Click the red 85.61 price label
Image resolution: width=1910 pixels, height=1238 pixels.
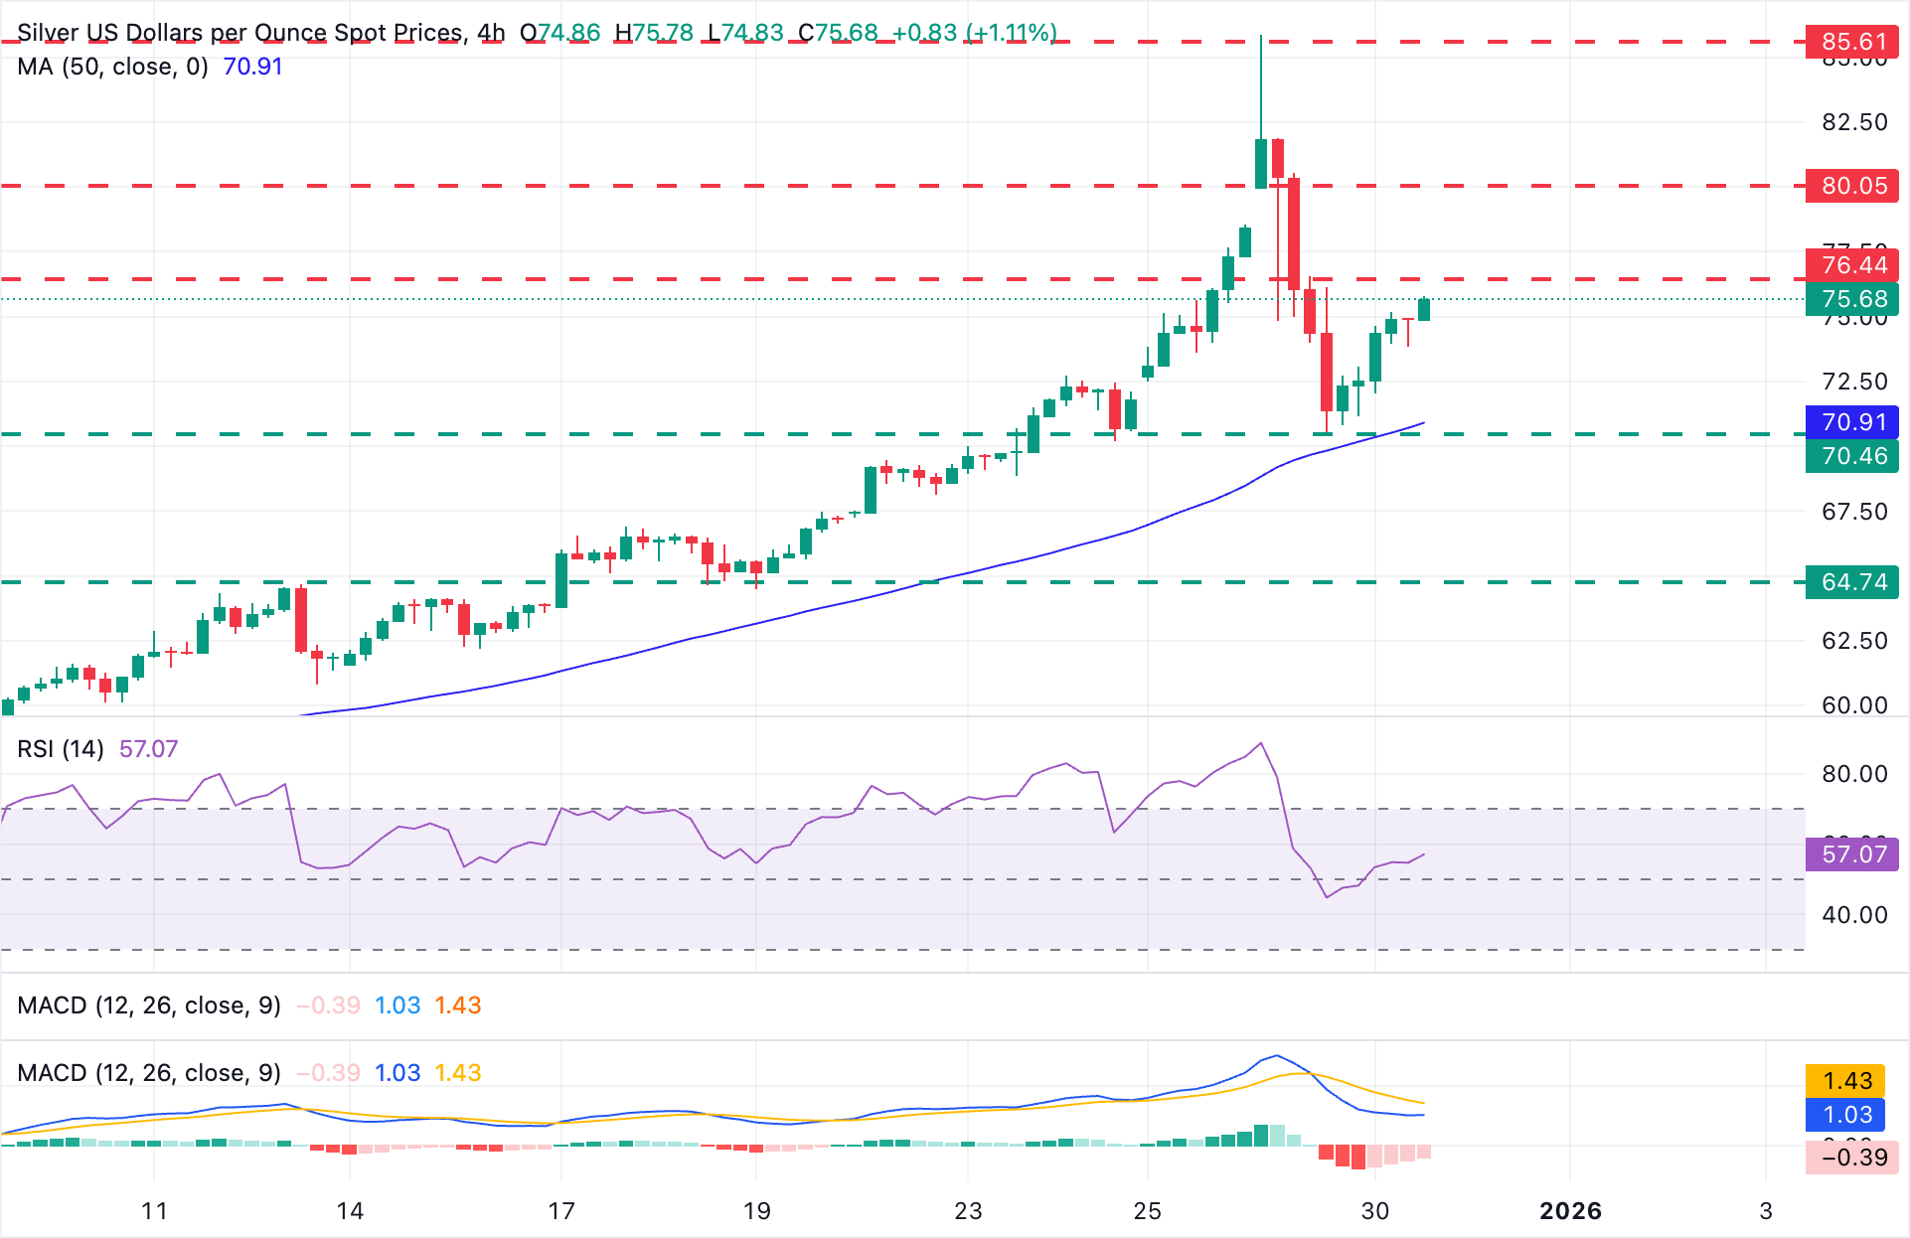[1852, 42]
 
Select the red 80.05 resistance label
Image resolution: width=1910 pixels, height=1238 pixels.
[1852, 186]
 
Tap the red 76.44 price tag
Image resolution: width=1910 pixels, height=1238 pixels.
[1852, 265]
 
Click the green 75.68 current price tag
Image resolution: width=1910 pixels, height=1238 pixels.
[1852, 299]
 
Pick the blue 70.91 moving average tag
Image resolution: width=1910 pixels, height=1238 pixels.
[1852, 422]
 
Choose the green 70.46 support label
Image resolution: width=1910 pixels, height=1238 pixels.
[1852, 456]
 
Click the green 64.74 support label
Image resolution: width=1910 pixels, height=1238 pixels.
[1852, 582]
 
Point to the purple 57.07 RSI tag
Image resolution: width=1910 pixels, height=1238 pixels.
[1852, 854]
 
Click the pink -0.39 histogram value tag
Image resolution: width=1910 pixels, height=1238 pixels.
[1852, 1158]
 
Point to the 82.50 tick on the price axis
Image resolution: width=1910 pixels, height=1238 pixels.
[1854, 122]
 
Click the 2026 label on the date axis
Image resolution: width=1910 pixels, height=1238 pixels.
[1570, 1211]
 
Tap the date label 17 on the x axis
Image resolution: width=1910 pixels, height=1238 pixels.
[561, 1211]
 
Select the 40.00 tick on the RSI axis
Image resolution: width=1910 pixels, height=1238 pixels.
[1854, 915]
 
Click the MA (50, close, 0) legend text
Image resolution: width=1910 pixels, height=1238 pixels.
[112, 67]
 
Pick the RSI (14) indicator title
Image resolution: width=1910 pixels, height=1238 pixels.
[61, 749]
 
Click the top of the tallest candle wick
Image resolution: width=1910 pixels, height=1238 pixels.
[1261, 37]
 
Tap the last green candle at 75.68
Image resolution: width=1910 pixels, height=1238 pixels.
[1424, 309]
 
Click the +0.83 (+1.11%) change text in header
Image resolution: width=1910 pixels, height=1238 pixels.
[974, 33]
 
